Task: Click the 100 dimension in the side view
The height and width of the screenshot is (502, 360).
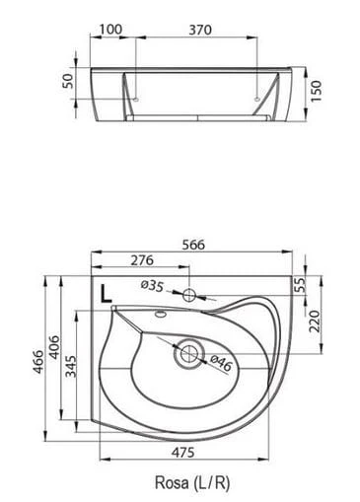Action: [110, 30]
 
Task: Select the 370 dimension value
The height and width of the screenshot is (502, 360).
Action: [200, 30]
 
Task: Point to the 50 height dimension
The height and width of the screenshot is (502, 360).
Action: [67, 81]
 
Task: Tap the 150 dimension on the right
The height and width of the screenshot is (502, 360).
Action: [316, 91]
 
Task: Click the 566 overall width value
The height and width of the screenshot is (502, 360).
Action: [193, 245]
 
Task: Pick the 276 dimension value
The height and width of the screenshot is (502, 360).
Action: [142, 260]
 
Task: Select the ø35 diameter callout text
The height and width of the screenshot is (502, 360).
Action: [152, 286]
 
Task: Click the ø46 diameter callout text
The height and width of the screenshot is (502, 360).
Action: [221, 363]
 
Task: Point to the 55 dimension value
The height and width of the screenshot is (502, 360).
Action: [300, 285]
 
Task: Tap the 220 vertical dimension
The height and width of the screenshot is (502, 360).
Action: [315, 322]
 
